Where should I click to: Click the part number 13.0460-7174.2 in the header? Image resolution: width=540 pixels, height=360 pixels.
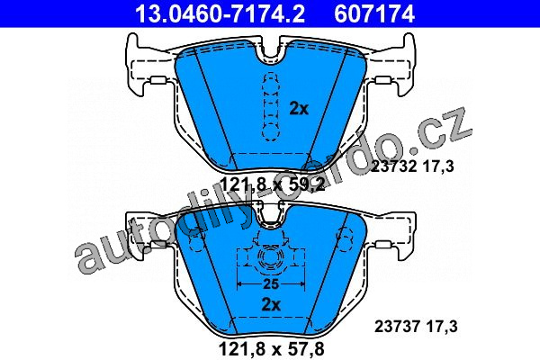tap(220, 14)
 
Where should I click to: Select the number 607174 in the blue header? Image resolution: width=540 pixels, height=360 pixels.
tap(374, 14)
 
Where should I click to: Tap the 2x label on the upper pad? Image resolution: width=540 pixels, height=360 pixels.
tap(299, 109)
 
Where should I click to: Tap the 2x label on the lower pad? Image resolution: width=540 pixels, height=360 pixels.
tap(272, 304)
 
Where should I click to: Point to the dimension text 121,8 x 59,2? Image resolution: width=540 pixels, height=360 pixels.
tap(272, 185)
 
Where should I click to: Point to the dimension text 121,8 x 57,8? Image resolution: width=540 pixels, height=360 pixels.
tap(272, 348)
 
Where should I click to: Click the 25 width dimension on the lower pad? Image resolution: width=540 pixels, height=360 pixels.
tap(271, 283)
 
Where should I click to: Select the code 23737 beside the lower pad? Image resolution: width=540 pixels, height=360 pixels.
tap(397, 326)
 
